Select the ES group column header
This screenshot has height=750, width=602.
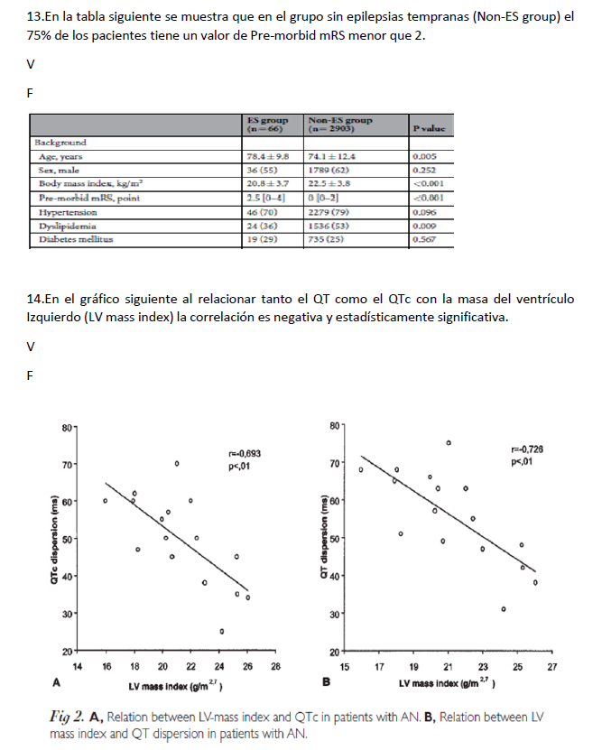[x=268, y=125]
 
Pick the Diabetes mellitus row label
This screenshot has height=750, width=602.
[x=73, y=240]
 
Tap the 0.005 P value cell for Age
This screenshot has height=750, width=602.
[x=422, y=156]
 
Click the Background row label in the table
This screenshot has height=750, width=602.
[x=60, y=143]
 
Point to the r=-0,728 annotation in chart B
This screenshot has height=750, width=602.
[x=528, y=449]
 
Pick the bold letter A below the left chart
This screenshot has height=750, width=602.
[x=57, y=684]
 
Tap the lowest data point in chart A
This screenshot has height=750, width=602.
[x=221, y=631]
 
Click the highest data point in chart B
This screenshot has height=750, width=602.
[x=449, y=443]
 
